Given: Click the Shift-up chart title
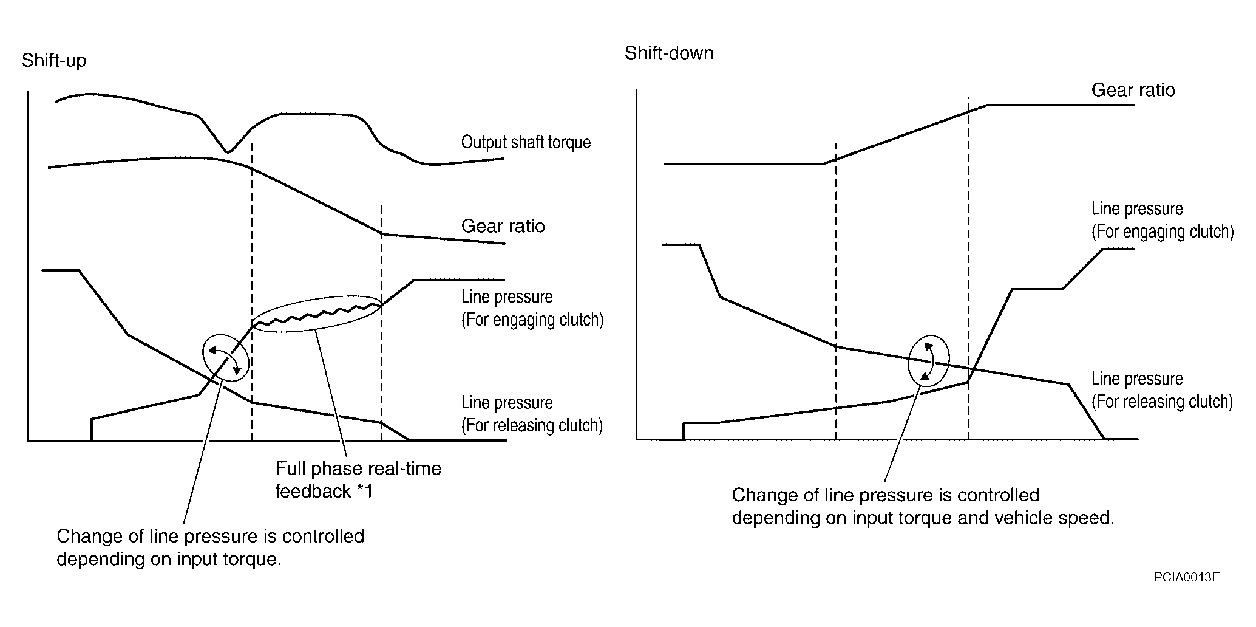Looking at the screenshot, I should tap(54, 61).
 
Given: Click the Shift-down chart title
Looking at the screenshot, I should tap(668, 53).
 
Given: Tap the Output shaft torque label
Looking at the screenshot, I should tap(526, 142).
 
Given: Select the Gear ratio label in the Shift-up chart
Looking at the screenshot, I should tap(503, 226).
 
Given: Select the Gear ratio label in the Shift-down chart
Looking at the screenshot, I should tap(1133, 90).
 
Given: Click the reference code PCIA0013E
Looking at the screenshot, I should tap(1187, 577).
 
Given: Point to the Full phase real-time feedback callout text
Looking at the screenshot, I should tap(358, 479).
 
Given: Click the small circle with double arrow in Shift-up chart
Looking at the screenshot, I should tap(226, 358).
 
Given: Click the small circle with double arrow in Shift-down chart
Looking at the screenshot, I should tap(928, 361).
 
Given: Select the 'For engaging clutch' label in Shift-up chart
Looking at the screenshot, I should tap(532, 320).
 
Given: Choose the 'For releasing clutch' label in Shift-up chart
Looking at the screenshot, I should tap(532, 425).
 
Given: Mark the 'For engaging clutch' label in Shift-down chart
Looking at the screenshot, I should tap(1162, 232).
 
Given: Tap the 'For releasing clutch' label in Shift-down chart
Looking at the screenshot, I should tap(1162, 402).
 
